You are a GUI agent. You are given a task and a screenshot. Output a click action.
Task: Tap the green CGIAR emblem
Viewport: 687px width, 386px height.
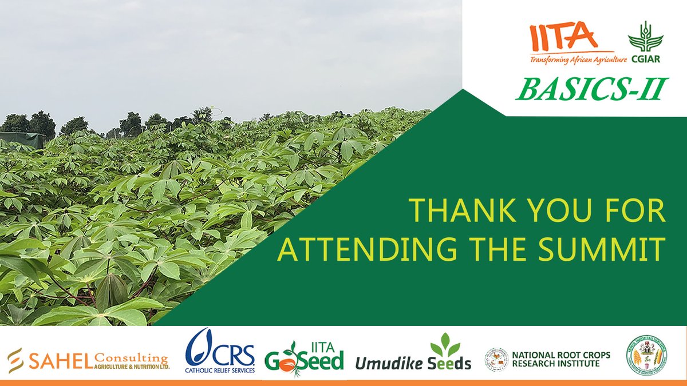pos(645,39)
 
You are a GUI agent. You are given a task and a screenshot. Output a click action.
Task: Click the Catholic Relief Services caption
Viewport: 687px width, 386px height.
pos(220,370)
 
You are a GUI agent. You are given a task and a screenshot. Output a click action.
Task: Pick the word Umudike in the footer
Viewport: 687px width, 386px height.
pos(391,363)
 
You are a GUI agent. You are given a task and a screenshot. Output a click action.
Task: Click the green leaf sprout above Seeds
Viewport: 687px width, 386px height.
pos(444,345)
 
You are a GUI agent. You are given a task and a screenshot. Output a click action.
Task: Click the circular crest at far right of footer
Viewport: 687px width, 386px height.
pos(645,355)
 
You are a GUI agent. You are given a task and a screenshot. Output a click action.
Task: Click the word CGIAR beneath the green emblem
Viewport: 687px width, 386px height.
pos(646,59)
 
